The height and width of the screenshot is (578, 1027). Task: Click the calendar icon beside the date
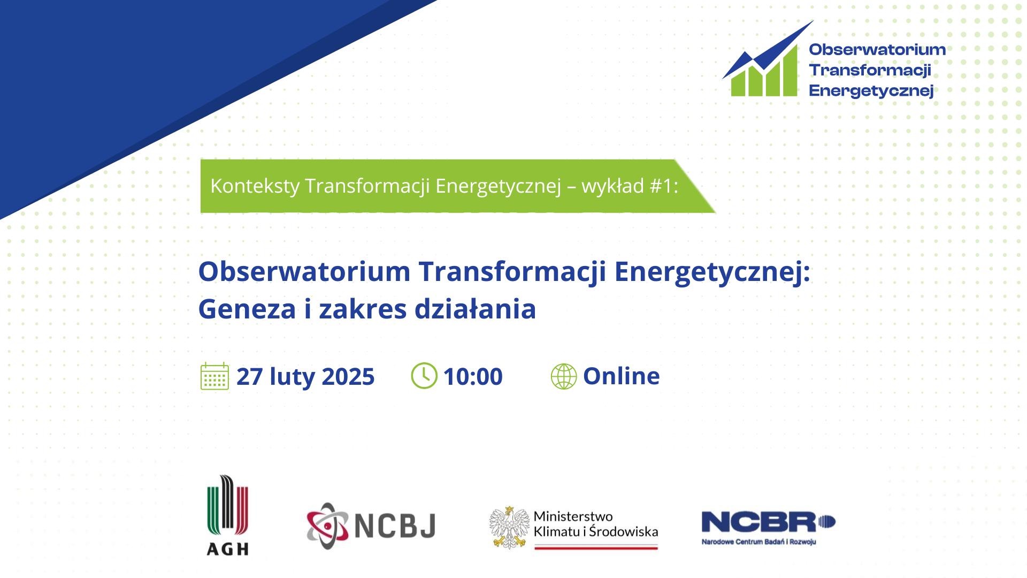click(x=214, y=376)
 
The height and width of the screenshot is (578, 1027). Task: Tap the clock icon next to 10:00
click(x=424, y=376)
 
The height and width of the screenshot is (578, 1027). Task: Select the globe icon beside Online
click(x=564, y=376)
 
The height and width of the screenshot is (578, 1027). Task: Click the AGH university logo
click(x=228, y=515)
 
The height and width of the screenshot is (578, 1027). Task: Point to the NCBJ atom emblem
click(x=327, y=526)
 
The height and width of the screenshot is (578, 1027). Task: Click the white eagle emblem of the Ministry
click(x=509, y=528)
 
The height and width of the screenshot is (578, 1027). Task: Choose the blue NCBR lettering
click(x=768, y=522)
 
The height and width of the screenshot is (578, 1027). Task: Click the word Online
click(x=622, y=376)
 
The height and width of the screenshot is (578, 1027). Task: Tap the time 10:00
click(x=473, y=376)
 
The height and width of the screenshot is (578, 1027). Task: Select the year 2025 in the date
click(x=348, y=377)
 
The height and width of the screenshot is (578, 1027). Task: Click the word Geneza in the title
click(x=247, y=309)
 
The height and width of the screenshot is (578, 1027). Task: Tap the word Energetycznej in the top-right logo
click(x=871, y=91)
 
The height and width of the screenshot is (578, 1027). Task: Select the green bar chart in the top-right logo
click(x=764, y=71)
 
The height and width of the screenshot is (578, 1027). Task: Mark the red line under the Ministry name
click(x=596, y=547)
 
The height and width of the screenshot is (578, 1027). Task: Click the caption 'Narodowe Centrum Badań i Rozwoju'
click(x=759, y=542)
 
